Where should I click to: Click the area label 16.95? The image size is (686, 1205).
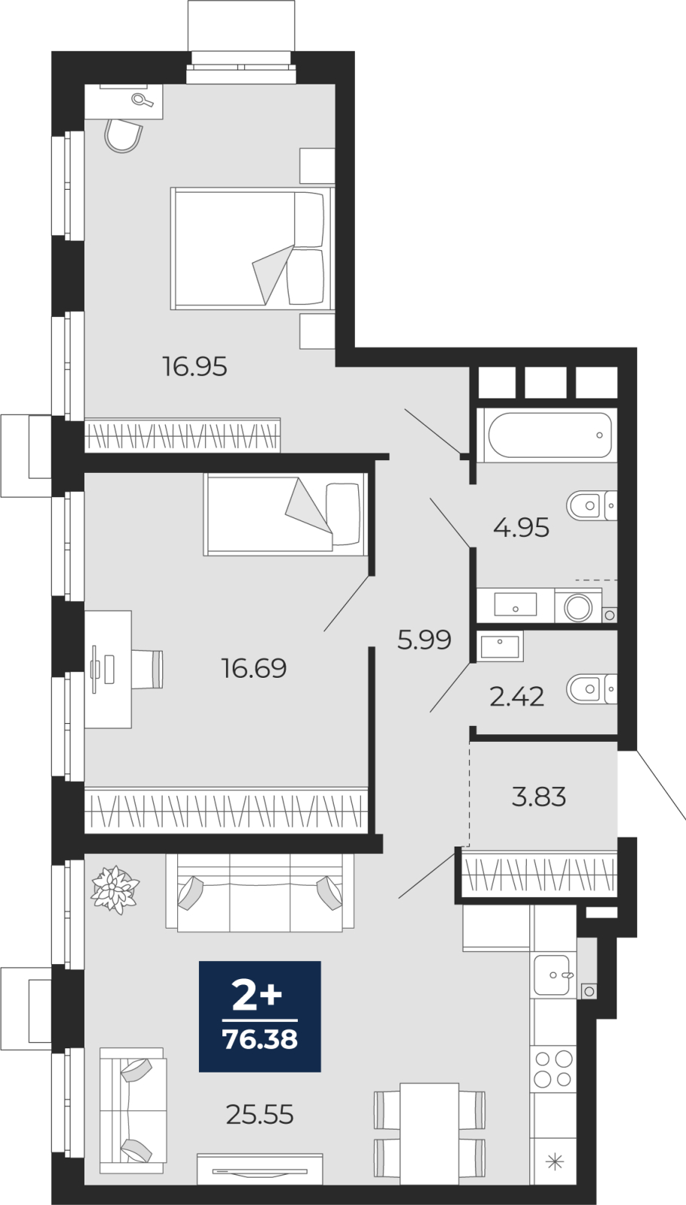coord(195,367)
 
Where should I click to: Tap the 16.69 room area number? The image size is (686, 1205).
coord(254,668)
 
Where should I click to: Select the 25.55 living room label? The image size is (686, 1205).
coord(260,1114)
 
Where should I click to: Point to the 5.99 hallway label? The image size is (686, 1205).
coord(424,640)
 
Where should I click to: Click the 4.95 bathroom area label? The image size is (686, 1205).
coord(521,528)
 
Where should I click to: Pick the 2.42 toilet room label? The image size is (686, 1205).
coord(517,697)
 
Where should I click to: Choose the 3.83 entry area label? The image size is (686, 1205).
coord(539,797)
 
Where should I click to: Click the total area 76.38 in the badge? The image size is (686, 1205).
coord(260,1040)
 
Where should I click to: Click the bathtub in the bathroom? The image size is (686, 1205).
coord(550,435)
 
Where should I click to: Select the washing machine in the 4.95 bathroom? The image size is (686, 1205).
coord(578,606)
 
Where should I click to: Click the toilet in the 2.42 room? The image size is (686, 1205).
coord(592,688)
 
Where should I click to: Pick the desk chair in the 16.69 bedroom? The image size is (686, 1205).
coord(147,670)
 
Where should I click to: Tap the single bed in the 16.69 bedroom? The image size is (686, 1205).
coord(286,514)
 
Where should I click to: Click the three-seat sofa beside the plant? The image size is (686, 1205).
coord(259,893)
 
